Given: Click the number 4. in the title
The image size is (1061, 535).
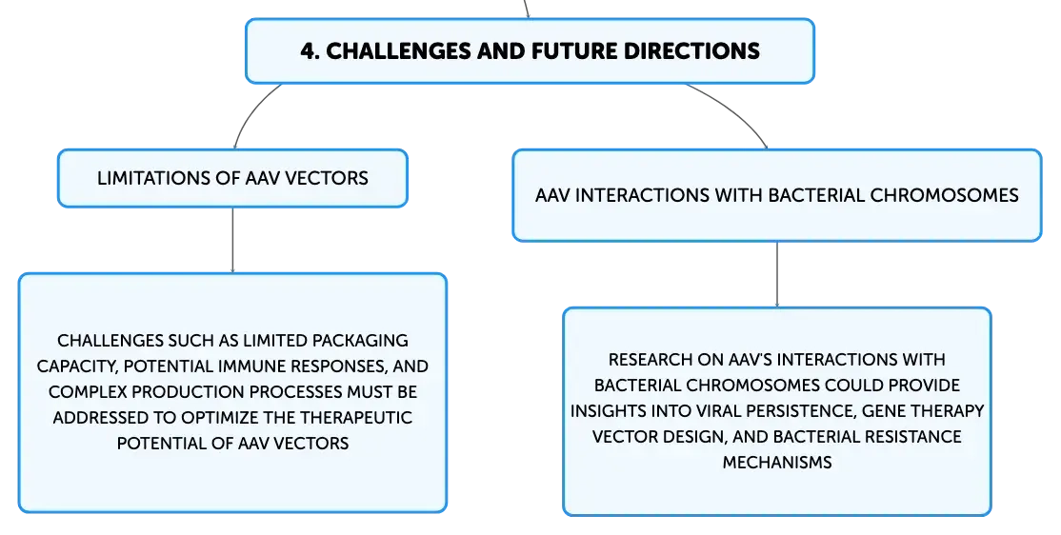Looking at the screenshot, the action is click(310, 50).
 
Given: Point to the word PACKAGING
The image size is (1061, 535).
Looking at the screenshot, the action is click(360, 340).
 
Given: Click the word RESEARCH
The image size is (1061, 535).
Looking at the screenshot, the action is click(651, 359).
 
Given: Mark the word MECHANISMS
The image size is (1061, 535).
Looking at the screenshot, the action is click(777, 462).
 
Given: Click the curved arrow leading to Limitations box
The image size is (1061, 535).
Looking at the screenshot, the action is click(251, 111).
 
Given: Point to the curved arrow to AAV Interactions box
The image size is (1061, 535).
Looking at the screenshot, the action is click(733, 109).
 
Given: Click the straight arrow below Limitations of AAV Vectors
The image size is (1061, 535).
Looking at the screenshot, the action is click(232, 240).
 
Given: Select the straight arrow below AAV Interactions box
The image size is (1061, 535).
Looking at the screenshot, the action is click(777, 274).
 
